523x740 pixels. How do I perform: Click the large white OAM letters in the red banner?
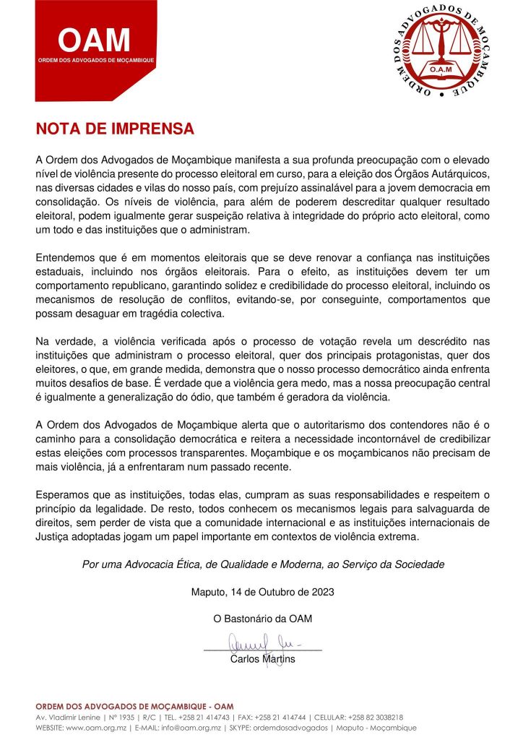click(x=94, y=39)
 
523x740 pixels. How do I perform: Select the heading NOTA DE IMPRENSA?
click(x=115, y=129)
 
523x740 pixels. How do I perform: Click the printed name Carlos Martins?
click(x=262, y=658)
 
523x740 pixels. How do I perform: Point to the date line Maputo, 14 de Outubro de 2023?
click(x=262, y=592)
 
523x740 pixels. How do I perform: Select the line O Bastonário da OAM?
click(x=262, y=619)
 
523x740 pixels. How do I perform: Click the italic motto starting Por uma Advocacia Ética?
click(x=263, y=564)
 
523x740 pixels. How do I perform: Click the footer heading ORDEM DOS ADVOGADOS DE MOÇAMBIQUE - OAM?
click(x=134, y=706)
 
